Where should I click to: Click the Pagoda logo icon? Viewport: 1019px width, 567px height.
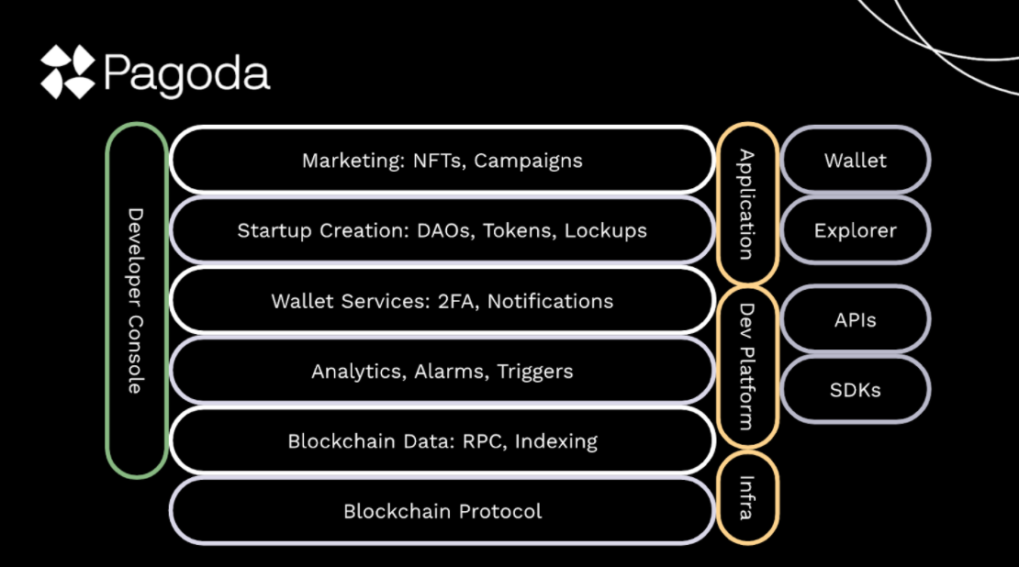coord(67,72)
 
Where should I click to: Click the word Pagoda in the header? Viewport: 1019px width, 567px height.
coord(187,73)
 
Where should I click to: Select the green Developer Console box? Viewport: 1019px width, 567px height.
coord(136,300)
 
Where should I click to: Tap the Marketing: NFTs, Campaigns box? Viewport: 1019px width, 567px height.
coord(442,161)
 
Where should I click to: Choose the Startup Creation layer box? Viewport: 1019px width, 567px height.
coord(442,230)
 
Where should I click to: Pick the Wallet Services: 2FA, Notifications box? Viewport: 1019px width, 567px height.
coord(442,301)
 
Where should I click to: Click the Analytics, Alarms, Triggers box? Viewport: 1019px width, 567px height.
coord(442,371)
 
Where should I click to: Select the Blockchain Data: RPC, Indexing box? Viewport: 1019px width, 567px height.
coord(442,441)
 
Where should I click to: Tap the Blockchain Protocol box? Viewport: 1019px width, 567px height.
coord(442,511)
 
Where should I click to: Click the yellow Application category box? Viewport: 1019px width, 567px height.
coord(747,204)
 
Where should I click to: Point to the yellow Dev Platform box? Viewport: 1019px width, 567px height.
coord(747,366)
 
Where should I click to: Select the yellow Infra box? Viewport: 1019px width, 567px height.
coord(747,496)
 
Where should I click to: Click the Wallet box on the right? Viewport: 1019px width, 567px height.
coord(855,161)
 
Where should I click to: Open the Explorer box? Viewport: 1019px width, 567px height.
coord(855,230)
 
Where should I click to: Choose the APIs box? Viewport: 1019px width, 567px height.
coord(855,320)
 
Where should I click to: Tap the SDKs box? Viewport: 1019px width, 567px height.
coord(855,390)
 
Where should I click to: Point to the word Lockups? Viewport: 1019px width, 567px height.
coord(606,230)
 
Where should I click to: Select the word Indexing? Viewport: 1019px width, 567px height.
coord(555,441)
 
